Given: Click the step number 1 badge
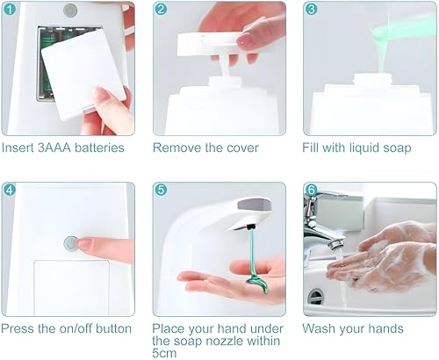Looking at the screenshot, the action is pyautogui.click(x=10, y=9).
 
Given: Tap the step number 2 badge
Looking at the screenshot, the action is pyautogui.click(x=161, y=9).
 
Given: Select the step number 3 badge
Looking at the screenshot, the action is pyautogui.click(x=311, y=9).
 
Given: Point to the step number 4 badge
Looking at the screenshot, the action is pyautogui.click(x=10, y=190).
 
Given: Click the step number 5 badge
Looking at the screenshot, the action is pyautogui.click(x=161, y=190).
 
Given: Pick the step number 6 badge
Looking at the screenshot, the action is pyautogui.click(x=311, y=190).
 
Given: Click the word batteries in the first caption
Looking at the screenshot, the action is pyautogui.click(x=99, y=148).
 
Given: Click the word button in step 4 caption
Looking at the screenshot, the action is pyautogui.click(x=113, y=328).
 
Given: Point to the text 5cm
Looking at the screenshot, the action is pyautogui.click(x=164, y=353).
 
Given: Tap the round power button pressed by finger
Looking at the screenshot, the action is pyautogui.click(x=71, y=244).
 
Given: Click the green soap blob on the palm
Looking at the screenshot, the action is pyautogui.click(x=258, y=282).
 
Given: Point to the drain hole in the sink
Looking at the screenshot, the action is pyautogui.click(x=315, y=296).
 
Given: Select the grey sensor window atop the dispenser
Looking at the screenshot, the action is pyautogui.click(x=255, y=204).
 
